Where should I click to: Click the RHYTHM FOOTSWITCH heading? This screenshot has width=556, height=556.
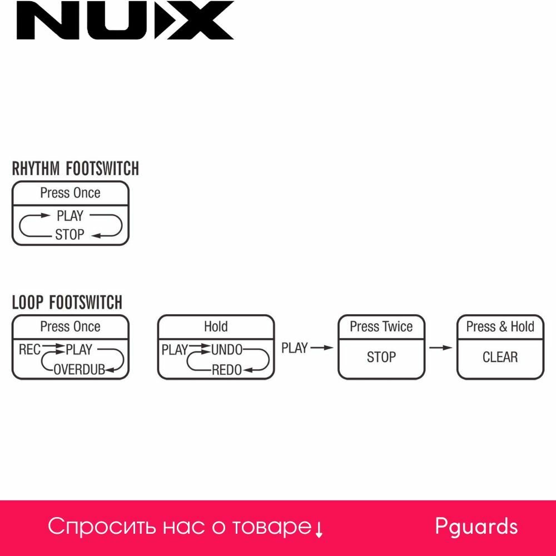coord(76,168)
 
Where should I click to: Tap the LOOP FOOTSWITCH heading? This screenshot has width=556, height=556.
coord(67,302)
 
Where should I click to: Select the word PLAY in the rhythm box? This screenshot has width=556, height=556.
coord(69,216)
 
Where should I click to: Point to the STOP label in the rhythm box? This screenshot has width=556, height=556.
coord(69,235)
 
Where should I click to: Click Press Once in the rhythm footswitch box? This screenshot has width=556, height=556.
coord(70,193)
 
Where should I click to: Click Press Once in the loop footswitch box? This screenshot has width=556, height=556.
coord(70,326)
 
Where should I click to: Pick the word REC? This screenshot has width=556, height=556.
coord(29,350)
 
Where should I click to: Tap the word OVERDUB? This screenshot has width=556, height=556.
coord(79,369)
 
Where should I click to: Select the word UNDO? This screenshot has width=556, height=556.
coord(226,350)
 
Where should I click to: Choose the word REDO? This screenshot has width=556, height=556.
coord(226,369)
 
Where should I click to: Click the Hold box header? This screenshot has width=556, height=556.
coord(216,326)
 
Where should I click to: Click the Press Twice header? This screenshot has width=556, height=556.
coord(381,326)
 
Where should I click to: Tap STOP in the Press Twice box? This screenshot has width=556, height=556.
coord(381,357)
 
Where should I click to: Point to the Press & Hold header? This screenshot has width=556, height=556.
coord(500,326)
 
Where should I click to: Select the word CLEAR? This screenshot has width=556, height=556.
coord(500,357)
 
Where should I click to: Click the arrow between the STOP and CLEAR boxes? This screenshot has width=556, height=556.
coord(441,348)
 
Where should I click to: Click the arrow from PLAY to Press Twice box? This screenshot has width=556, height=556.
coord(321,348)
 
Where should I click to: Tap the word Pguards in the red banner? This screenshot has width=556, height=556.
coord(476,527)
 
